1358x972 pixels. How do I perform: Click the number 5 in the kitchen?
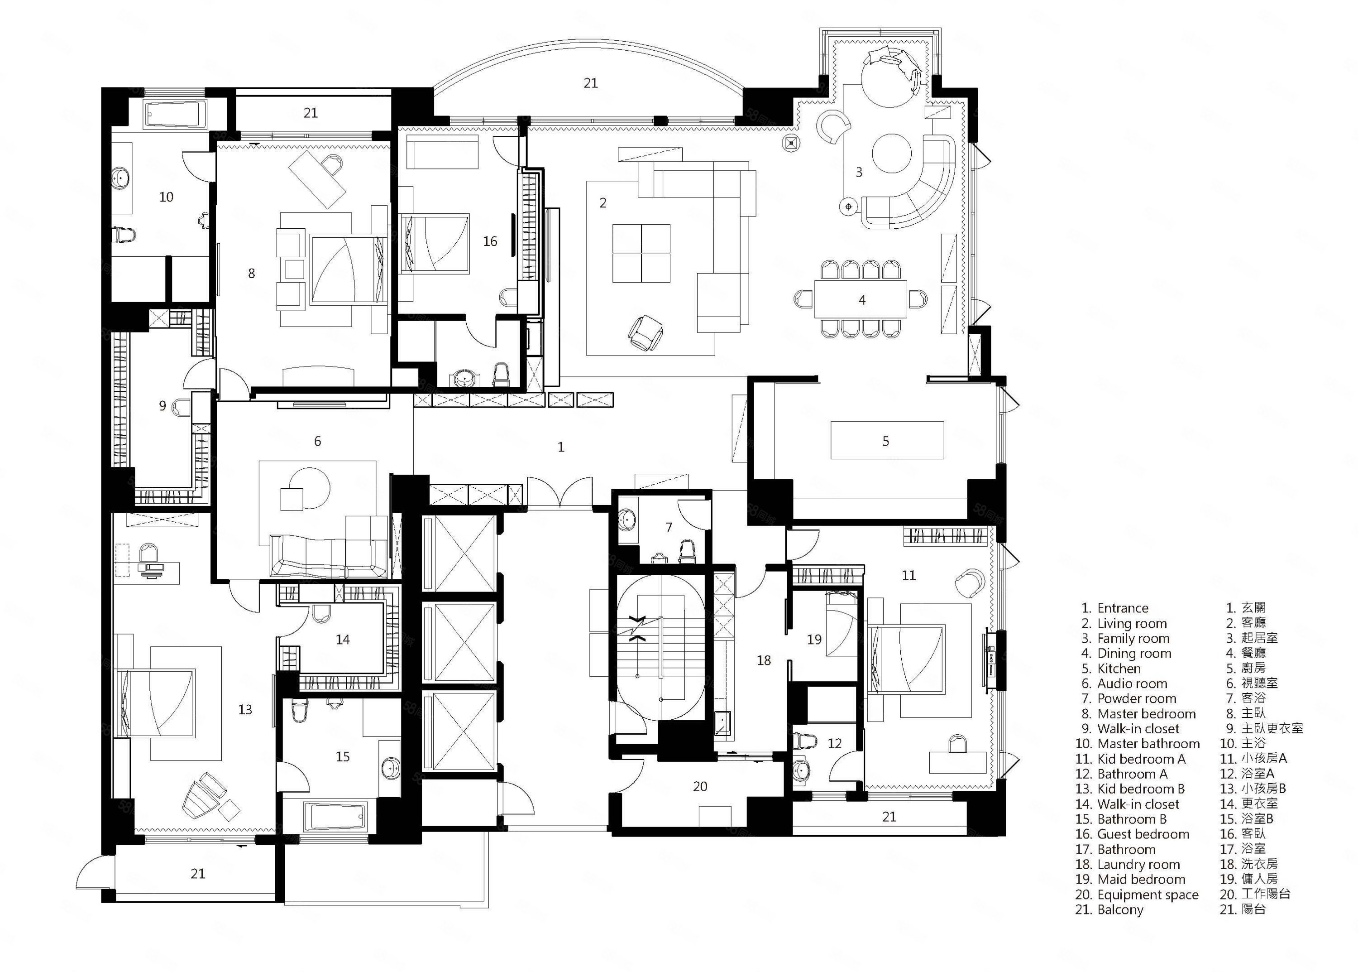(885, 441)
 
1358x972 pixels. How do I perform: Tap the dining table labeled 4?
(861, 299)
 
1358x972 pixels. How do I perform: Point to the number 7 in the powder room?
(669, 527)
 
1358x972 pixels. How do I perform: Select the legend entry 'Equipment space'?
(1148, 895)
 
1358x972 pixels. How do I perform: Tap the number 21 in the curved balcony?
(590, 83)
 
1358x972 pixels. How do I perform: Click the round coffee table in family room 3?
(891, 153)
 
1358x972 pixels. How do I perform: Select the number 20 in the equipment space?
(700, 786)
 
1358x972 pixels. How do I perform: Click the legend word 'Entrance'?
(1123, 608)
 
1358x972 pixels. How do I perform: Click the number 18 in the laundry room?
(764, 660)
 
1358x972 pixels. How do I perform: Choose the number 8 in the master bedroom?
(251, 274)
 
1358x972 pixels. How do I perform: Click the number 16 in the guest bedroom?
(490, 241)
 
